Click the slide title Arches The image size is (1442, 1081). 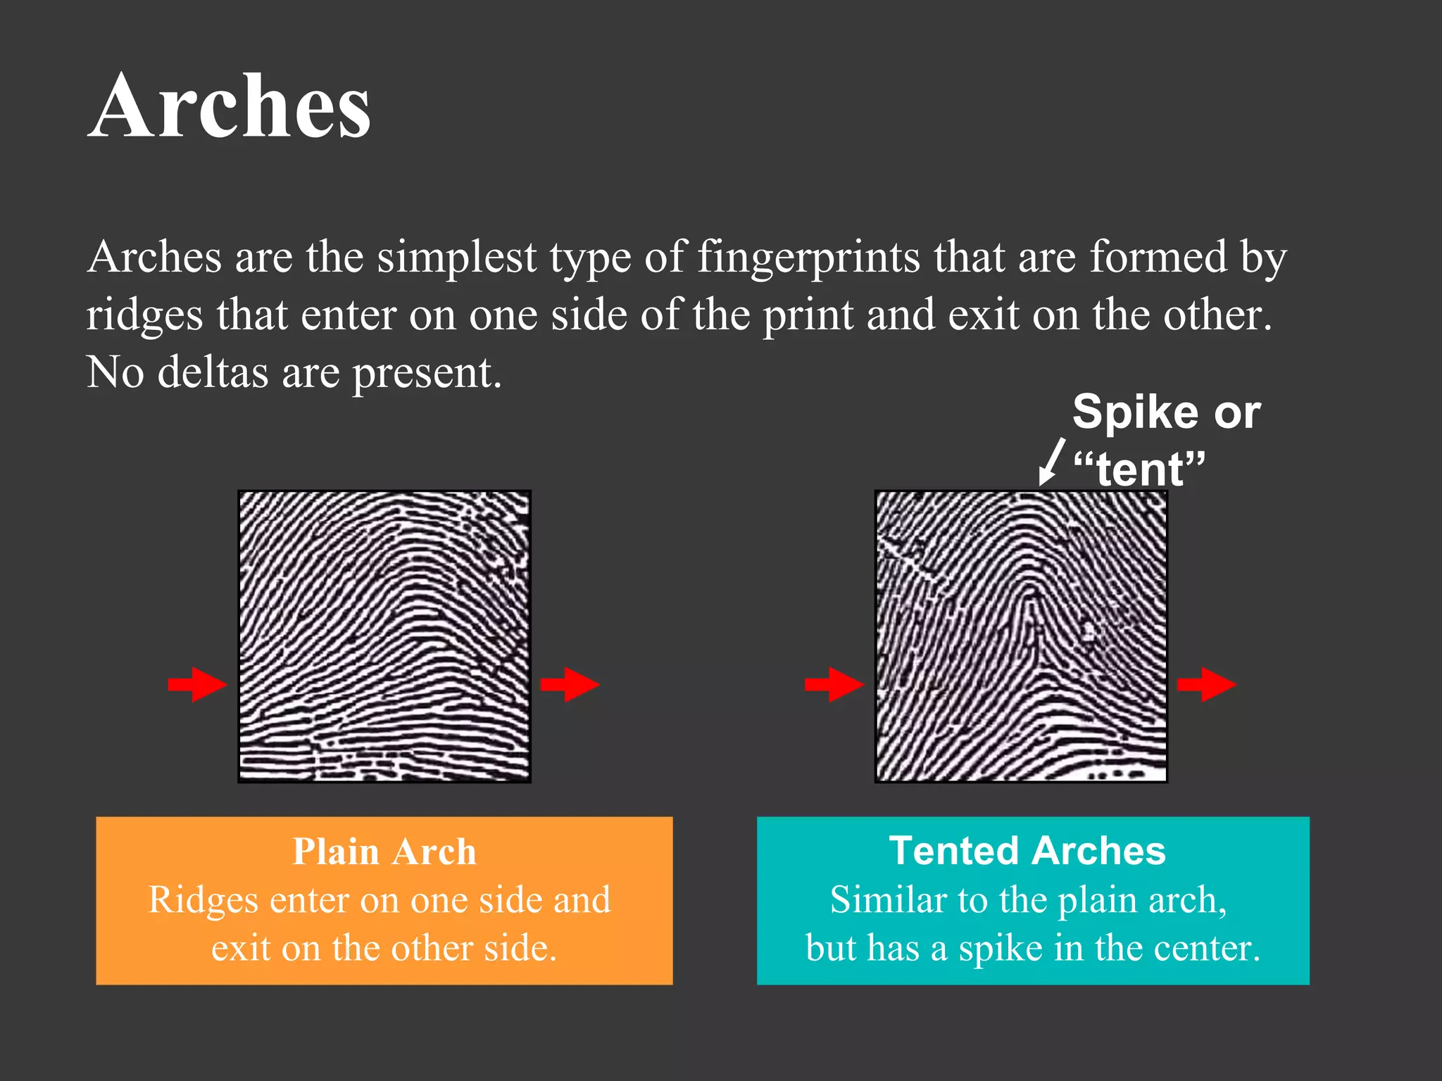pos(230,107)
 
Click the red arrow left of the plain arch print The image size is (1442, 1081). pos(198,684)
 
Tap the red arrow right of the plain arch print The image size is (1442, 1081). pos(570,684)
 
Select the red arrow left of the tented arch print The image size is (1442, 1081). pos(834,684)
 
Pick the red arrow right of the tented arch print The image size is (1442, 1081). pos(1207,684)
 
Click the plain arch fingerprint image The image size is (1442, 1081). pos(384,636)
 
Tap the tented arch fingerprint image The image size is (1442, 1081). pos(1021,636)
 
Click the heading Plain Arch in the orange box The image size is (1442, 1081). pos(384,852)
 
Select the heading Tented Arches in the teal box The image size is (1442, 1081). pos(1027,850)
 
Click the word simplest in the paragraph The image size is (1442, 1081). pos(456,257)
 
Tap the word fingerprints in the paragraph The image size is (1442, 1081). pos(808,258)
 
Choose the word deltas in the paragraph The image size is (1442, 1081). pos(213,372)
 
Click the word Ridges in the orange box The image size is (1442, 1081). pos(203,901)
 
